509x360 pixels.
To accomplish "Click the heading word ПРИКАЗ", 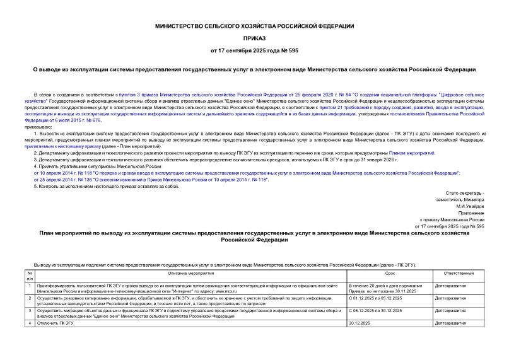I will click(254, 37).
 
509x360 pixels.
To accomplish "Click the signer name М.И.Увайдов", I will click(471, 206).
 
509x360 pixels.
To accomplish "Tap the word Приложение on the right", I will click(471, 213).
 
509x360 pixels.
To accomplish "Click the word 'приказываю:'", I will click(39, 126).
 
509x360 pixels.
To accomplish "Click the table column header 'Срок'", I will click(390, 273).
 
